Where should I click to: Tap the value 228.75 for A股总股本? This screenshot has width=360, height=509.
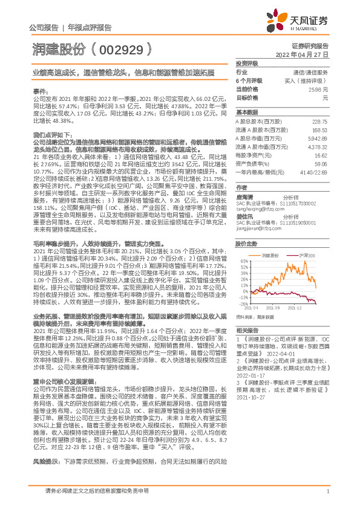(319, 121)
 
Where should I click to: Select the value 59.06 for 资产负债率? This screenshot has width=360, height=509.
(321, 163)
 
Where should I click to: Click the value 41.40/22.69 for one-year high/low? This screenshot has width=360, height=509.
(314, 172)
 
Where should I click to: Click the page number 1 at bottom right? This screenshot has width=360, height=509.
(326, 498)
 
